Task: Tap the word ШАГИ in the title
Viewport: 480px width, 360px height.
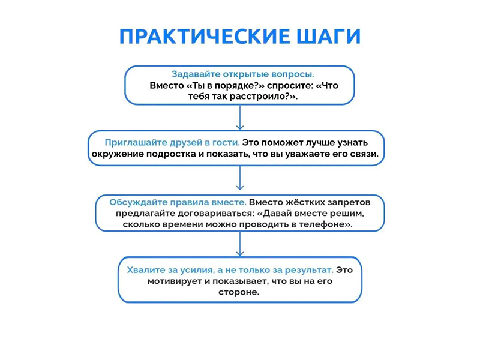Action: (329, 37)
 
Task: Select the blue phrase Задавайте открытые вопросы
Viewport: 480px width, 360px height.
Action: (243, 74)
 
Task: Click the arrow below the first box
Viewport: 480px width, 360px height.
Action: (240, 118)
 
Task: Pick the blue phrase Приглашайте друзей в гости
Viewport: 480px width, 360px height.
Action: (172, 143)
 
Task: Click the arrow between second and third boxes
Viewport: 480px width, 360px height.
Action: (240, 178)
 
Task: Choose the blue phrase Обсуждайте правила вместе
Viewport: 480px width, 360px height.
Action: (178, 202)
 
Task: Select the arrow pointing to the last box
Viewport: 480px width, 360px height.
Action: (240, 244)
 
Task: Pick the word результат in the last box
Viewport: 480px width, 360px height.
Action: (309, 270)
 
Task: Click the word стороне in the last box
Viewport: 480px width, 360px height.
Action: (239, 292)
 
